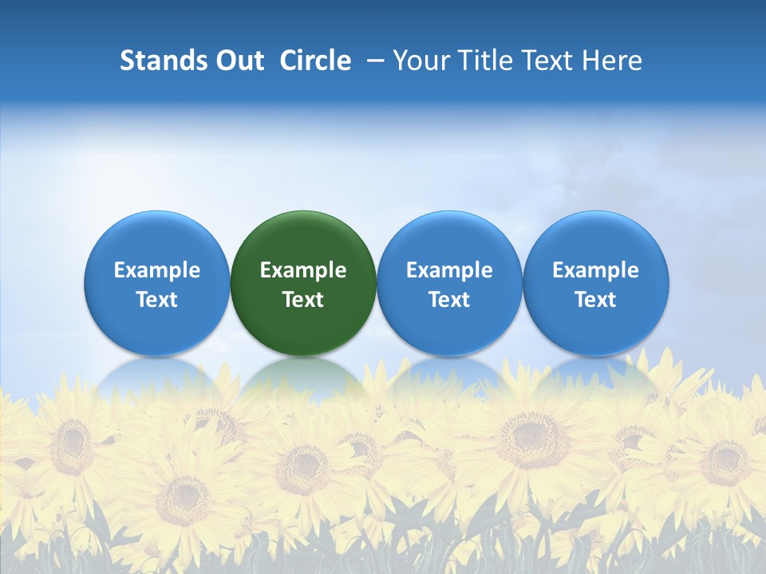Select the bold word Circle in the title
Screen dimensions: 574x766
[315, 61]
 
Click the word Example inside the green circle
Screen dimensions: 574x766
[303, 270]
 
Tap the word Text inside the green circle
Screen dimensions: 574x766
[303, 300]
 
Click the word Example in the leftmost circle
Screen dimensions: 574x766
[157, 270]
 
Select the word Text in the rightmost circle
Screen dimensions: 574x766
[596, 300]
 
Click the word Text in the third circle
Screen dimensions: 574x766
[449, 300]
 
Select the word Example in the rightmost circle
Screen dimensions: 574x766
[596, 270]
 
